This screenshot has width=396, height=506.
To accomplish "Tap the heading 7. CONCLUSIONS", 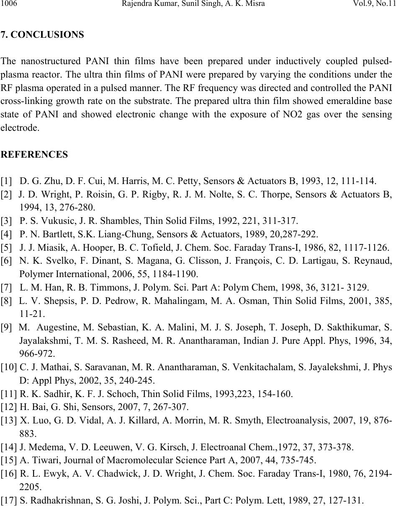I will click(42, 35).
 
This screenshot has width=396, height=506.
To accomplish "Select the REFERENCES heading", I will click(34, 155).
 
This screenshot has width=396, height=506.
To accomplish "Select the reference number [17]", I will click(9, 500).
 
